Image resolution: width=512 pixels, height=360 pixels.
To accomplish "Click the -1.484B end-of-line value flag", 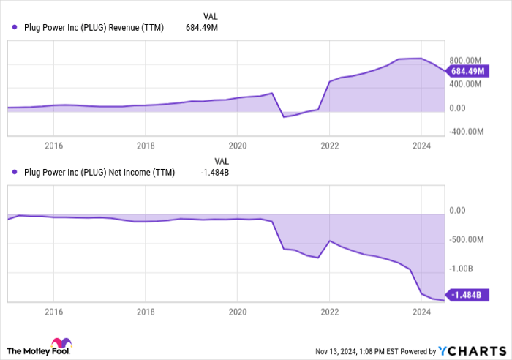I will coord(467,295).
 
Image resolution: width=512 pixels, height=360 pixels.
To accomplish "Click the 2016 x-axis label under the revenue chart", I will coord(53,145).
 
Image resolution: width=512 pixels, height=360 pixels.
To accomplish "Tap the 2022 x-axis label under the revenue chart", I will coord(330,145).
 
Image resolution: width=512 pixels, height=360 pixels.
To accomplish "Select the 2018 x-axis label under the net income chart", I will coord(146,311).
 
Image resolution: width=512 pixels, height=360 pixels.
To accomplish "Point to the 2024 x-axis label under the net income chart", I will coord(422,311).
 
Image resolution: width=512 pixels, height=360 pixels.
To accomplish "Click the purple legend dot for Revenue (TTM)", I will coord(15,28).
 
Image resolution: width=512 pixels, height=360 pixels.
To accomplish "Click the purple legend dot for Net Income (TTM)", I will coord(15,173).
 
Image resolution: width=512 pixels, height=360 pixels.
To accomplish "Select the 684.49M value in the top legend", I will coord(202,28).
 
